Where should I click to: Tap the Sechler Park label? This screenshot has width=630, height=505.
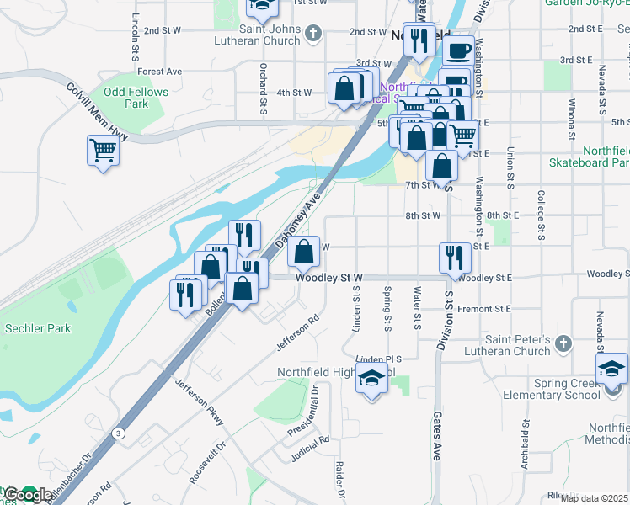point(38,328)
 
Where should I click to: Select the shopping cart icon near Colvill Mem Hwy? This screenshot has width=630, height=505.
point(103,151)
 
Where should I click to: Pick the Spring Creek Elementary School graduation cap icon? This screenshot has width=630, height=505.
point(611,369)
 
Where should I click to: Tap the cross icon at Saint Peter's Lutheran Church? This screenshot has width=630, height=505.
point(563,344)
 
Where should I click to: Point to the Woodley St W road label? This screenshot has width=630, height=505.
point(328,277)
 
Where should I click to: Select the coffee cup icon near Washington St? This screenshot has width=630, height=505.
point(458,50)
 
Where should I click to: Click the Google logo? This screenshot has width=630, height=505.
point(28,495)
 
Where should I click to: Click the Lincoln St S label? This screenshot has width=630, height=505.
point(135,36)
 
